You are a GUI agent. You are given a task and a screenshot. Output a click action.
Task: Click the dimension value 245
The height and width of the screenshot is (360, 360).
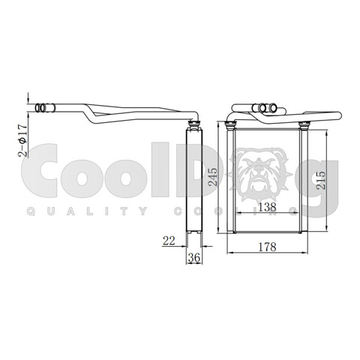point(214,175)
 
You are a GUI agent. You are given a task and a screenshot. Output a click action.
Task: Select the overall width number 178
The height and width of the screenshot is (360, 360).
point(267,247)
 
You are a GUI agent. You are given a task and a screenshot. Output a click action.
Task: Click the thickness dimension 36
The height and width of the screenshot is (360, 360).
point(193,257)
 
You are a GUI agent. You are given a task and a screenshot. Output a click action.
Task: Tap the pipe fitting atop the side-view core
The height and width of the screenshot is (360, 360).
point(193,122)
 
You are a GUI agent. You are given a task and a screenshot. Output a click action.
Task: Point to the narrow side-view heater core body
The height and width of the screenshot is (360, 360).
point(194,187)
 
